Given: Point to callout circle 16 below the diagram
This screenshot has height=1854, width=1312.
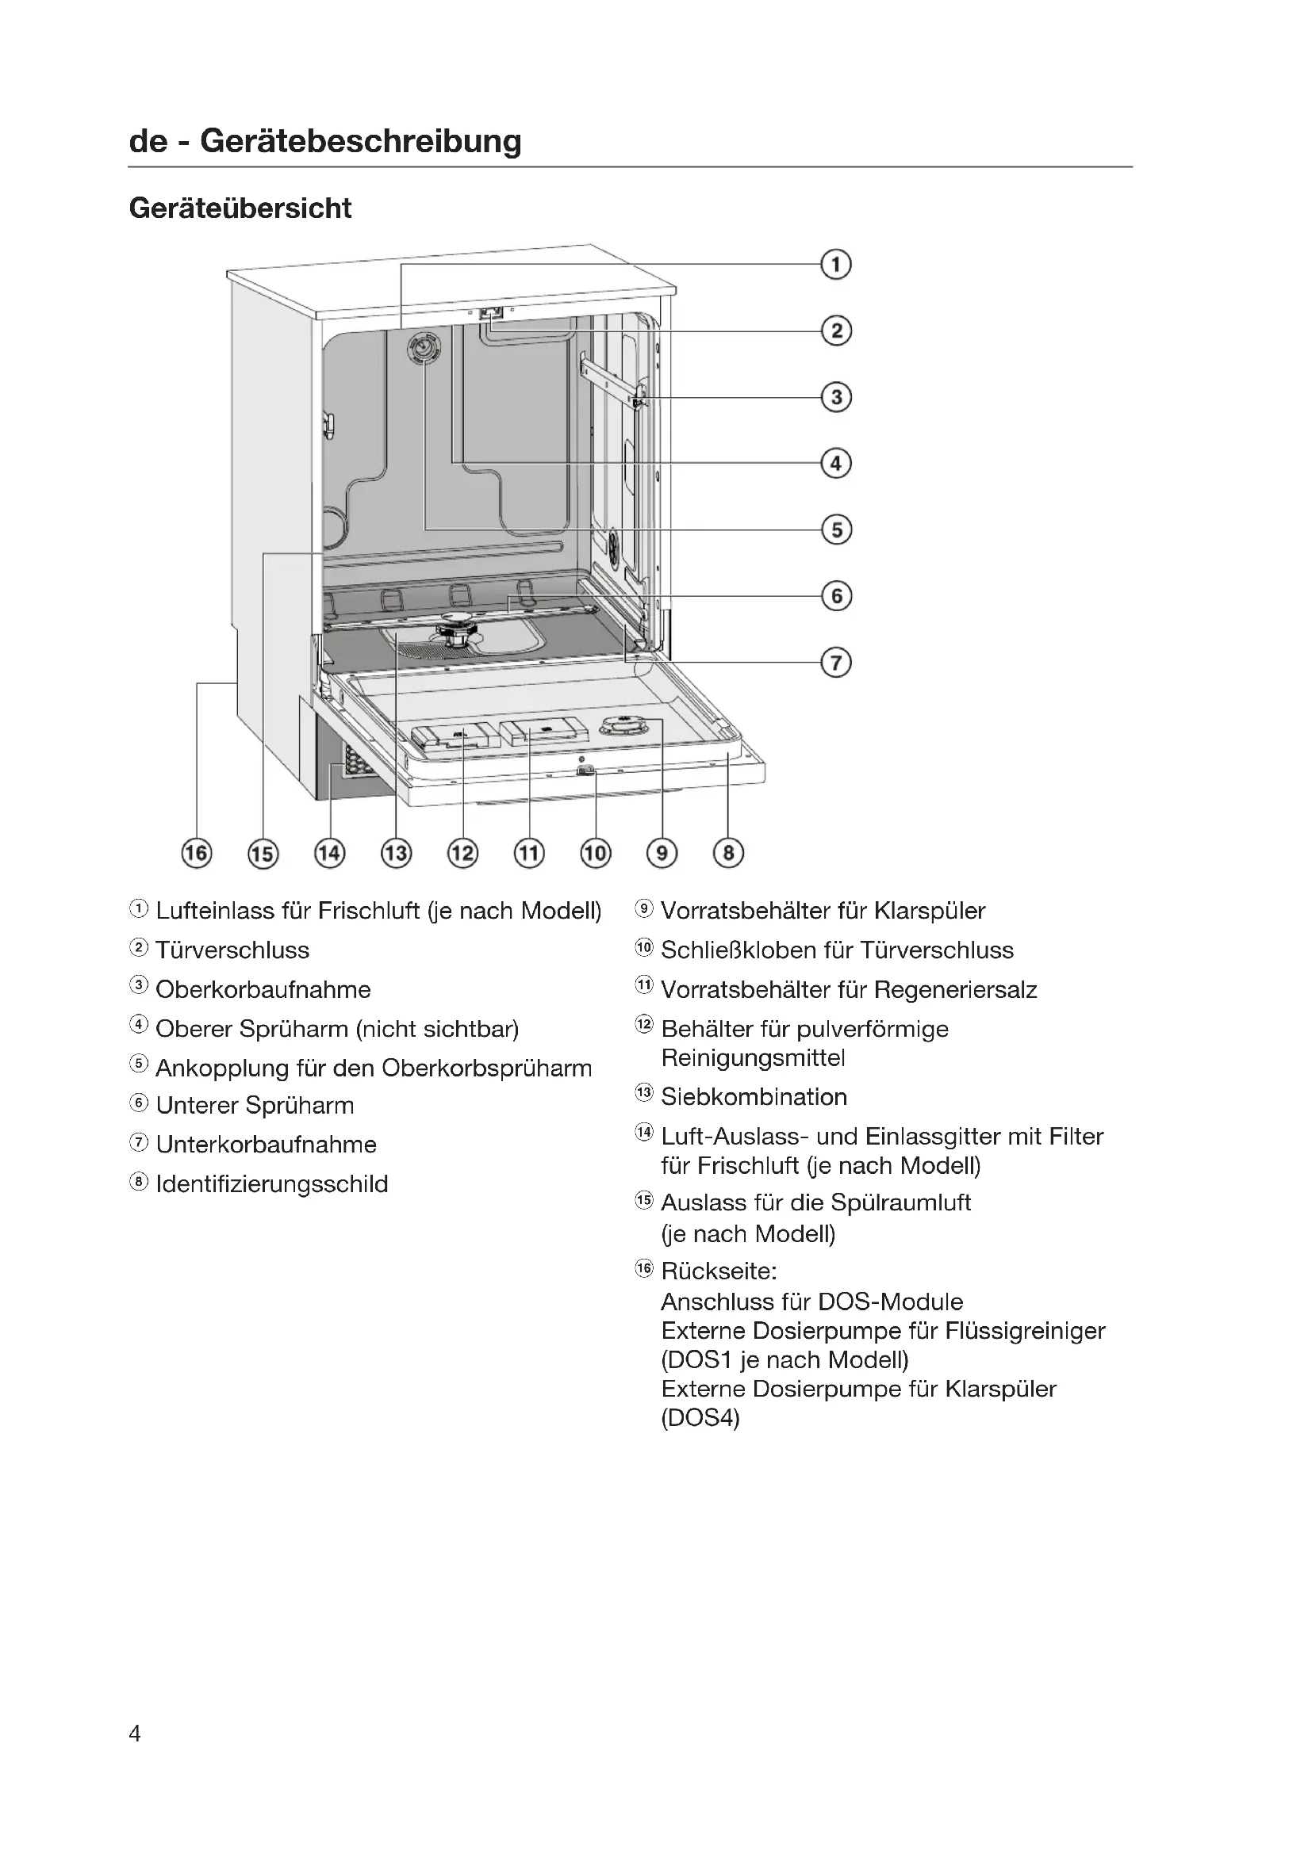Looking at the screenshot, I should coord(196,853).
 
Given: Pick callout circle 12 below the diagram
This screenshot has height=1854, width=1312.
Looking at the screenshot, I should coord(462,853).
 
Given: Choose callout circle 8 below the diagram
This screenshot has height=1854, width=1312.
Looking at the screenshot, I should coord(728,853).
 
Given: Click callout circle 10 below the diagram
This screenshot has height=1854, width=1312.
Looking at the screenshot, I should coord(596,853).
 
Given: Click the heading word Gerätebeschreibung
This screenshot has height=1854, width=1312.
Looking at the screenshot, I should coord(360,141).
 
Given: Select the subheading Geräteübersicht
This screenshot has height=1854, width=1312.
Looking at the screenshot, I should coord(240,208).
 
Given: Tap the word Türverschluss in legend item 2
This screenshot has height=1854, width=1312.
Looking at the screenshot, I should coord(232,950).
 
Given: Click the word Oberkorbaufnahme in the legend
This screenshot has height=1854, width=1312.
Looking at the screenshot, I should coord(263,990).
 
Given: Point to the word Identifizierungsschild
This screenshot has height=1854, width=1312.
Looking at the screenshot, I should coord(271,1184).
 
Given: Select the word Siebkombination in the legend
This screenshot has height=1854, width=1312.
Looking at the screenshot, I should coord(754,1096).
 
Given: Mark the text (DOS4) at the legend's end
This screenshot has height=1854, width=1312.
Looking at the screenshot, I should coord(700,1418).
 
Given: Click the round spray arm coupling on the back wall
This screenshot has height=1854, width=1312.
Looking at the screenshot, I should coord(424,350).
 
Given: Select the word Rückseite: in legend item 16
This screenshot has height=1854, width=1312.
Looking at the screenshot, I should coord(718,1271).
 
